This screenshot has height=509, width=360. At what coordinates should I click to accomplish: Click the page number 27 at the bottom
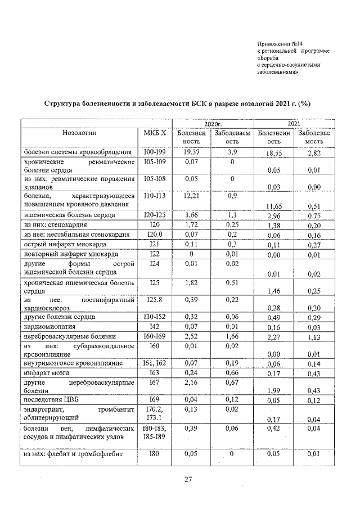tap(189, 479)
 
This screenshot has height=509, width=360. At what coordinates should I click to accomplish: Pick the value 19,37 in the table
tap(192, 152)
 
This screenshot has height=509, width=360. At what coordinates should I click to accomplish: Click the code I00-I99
tap(155, 152)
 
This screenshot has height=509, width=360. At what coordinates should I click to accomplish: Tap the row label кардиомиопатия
tap(51, 327)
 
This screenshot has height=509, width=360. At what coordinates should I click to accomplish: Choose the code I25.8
tap(155, 301)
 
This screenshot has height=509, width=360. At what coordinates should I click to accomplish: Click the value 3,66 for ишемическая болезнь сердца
tap(192, 215)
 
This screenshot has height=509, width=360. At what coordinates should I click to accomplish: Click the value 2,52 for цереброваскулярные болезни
tap(192, 336)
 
